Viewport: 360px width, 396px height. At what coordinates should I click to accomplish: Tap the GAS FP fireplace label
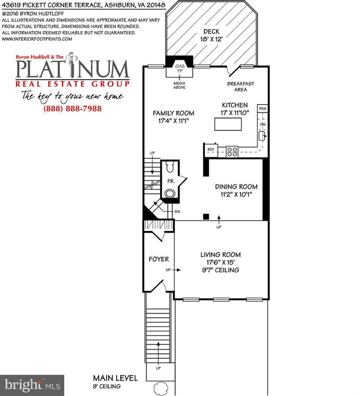point(179,71)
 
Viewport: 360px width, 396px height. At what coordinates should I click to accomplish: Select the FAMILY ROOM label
point(174,114)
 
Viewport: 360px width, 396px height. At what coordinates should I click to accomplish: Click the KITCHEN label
point(235,105)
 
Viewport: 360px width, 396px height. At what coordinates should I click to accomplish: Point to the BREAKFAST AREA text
point(240,86)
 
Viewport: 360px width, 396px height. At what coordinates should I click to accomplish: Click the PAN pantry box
point(263,109)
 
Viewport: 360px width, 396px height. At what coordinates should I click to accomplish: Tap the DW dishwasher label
point(263,125)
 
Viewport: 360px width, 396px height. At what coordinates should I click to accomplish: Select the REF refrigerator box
point(211,150)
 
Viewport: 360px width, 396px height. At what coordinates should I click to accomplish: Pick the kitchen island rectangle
point(228,125)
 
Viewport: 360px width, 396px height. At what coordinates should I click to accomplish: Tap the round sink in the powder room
point(171,193)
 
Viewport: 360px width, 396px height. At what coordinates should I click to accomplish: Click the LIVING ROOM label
point(220,255)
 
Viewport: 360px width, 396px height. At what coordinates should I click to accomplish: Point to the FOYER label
point(158,259)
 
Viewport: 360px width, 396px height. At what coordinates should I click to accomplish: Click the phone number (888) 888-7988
point(73,109)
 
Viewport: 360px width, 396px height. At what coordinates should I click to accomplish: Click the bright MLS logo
point(32,384)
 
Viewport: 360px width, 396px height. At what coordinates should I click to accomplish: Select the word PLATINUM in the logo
point(73,70)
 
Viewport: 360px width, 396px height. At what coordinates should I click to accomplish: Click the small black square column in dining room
point(206,216)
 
